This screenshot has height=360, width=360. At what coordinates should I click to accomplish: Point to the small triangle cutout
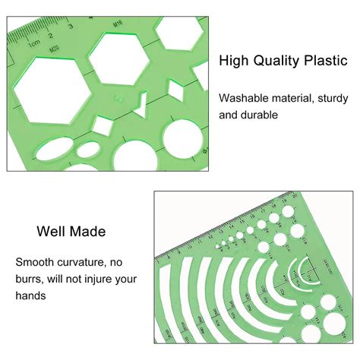coord(139,103)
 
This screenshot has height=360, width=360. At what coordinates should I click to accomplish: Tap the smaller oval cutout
coord(89,147)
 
